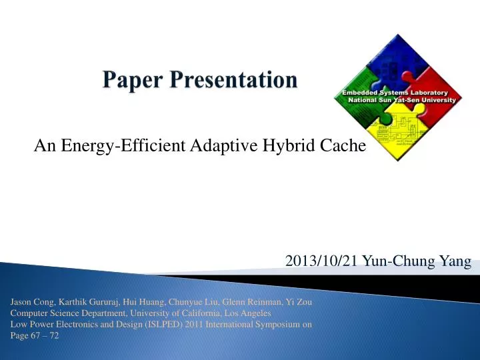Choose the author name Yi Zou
[298, 302]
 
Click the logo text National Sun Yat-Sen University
[401, 99]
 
